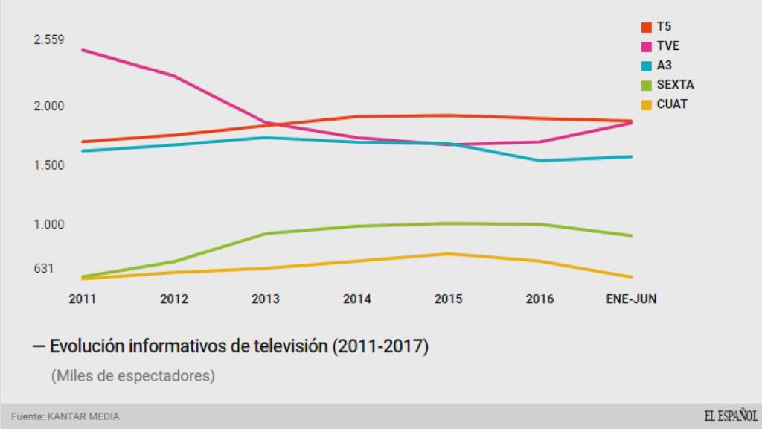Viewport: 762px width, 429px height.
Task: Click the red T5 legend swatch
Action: point(647,28)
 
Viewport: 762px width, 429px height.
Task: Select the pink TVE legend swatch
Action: point(647,47)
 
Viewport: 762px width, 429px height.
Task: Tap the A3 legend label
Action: point(664,66)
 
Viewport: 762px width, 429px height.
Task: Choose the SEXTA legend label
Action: point(675,85)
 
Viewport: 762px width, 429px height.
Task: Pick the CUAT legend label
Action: point(672,104)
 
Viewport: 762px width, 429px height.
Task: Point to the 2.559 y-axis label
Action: point(49,39)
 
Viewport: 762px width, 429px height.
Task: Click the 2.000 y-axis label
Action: point(49,106)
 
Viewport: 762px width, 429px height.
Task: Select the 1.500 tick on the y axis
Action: point(49,165)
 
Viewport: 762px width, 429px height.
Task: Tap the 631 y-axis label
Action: point(43,269)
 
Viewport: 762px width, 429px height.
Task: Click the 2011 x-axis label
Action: point(83,299)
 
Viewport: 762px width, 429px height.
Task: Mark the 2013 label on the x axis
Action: point(266,299)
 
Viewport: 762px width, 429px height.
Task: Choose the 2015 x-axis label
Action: point(448,299)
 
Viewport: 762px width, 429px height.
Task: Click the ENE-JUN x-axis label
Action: point(632,299)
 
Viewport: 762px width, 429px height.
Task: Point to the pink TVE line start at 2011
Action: point(83,50)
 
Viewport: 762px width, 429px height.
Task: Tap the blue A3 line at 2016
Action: point(540,161)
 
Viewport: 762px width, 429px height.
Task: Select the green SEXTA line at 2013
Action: point(266,234)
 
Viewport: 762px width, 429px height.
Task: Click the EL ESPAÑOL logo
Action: point(731,416)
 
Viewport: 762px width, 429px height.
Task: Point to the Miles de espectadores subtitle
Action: point(133,376)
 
